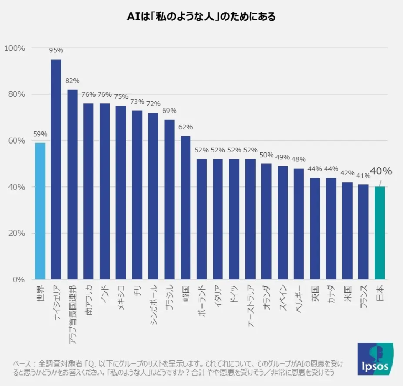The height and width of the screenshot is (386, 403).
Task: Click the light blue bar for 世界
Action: pyautogui.click(x=40, y=211)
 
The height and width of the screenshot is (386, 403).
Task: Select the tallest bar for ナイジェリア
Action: pyautogui.click(x=56, y=169)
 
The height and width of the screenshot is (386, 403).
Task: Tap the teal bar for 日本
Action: pyautogui.click(x=380, y=233)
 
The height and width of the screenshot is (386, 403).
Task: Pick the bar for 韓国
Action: pyautogui.click(x=186, y=207)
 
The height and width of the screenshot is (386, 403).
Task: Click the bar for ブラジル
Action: pyautogui.click(x=169, y=199)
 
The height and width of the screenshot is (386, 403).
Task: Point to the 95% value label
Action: pyautogui.click(x=56, y=50)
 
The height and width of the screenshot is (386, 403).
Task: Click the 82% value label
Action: pyautogui.click(x=72, y=81)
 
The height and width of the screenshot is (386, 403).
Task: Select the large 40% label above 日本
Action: pyautogui.click(x=380, y=171)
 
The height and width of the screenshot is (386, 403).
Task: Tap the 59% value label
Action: pyautogui.click(x=40, y=134)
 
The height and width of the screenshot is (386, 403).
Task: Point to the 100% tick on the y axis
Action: pyautogui.click(x=15, y=48)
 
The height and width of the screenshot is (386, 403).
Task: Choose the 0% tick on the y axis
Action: pyautogui.click(x=18, y=279)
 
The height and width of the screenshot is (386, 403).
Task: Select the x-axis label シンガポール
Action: pyautogui.click(x=153, y=306)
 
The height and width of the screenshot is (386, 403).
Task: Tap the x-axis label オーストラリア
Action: pyautogui.click(x=250, y=307)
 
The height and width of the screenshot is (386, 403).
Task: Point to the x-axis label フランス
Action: pyautogui.click(x=364, y=299)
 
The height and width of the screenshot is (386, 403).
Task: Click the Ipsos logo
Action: pyautogui.click(x=375, y=359)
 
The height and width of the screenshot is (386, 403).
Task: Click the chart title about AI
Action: pyautogui.click(x=201, y=17)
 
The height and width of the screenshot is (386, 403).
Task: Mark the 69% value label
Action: pyautogui.click(x=169, y=111)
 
